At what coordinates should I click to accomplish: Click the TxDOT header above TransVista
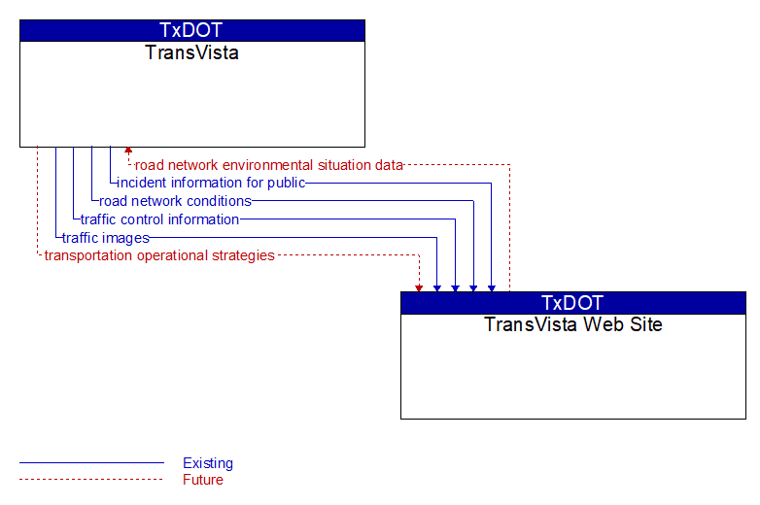190,30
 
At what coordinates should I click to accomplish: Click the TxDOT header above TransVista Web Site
572,303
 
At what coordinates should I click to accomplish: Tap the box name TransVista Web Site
572,324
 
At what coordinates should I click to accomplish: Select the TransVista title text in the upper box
191,52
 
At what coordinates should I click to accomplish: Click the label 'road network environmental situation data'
268,165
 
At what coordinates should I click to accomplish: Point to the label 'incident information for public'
211,183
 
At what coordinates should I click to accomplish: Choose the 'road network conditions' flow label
175,201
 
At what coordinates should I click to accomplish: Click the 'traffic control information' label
159,219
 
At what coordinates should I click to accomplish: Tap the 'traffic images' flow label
106,238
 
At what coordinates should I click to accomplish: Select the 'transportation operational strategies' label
159,255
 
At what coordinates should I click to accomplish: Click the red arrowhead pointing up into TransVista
128,151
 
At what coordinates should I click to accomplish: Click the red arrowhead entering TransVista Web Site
419,288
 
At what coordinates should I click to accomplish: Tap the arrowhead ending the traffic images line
437,288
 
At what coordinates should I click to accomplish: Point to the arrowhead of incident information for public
492,288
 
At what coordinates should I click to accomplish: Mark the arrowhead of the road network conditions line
473,288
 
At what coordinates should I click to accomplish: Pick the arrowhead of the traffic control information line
455,288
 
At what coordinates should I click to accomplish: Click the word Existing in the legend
208,463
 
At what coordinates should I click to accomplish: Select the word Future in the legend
203,480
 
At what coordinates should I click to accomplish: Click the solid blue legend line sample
91,463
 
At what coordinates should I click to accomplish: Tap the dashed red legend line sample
91,480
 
